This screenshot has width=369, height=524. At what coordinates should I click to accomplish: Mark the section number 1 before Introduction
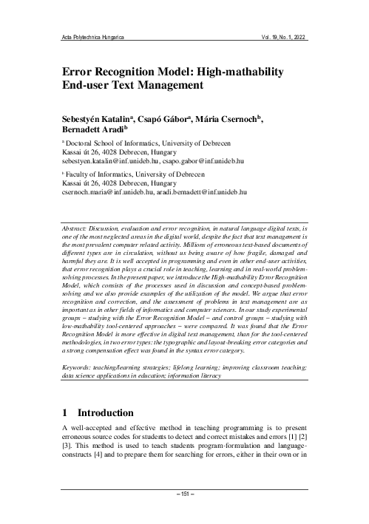[x=66, y=413]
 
